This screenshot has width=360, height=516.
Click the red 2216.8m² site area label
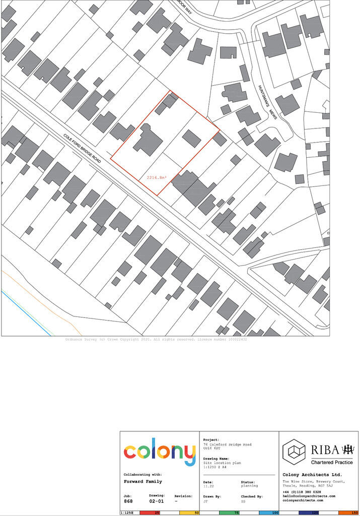point(157,178)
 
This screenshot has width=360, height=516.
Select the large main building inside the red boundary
point(148,140)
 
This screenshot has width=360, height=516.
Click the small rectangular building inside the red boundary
point(191,138)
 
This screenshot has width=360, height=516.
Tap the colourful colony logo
point(160,453)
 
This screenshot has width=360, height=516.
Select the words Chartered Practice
point(332,462)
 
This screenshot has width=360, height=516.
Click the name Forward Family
point(142,481)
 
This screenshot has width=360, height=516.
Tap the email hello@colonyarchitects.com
point(309,496)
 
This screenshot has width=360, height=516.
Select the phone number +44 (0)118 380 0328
point(302,491)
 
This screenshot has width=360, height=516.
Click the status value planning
point(249,486)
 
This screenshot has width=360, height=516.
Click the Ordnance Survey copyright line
point(156,340)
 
